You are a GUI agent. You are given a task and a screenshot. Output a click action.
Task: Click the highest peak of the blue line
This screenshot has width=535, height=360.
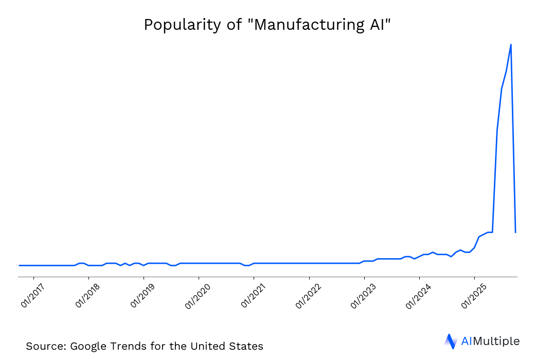coord(510,45)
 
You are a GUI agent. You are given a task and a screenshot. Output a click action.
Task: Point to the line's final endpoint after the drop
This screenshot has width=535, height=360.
coord(515,232)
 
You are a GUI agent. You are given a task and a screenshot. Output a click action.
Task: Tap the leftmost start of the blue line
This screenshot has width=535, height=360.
coord(19,265)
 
